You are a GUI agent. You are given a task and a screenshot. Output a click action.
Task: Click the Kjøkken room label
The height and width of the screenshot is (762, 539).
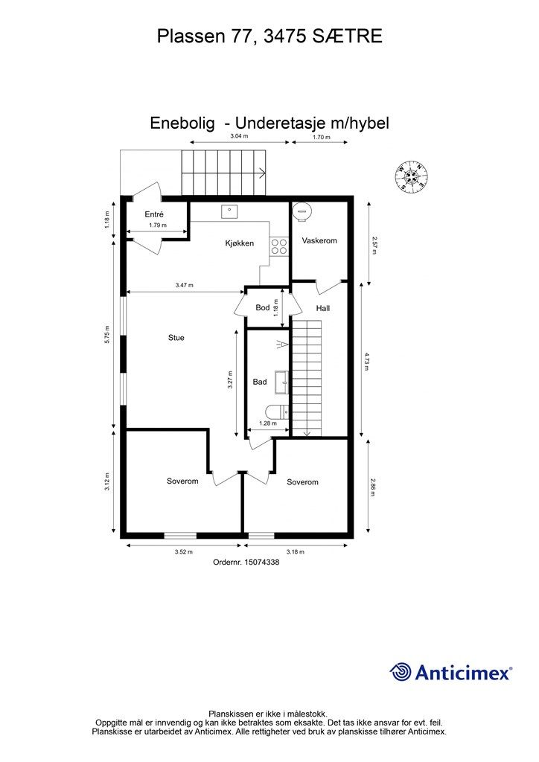(x=240, y=243)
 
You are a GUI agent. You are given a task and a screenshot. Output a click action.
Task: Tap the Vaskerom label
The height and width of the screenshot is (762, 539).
(x=319, y=240)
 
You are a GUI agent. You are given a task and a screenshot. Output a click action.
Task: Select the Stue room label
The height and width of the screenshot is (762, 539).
(x=176, y=338)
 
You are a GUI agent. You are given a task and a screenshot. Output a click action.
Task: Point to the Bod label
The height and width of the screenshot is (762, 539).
(x=262, y=307)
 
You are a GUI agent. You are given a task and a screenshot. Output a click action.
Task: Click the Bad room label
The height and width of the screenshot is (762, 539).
(x=260, y=382)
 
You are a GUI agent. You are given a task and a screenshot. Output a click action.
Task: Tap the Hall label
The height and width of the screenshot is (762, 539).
(x=322, y=308)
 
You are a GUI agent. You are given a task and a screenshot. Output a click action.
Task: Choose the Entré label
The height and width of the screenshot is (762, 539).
(x=154, y=214)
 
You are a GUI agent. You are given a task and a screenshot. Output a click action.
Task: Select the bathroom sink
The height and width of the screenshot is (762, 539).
(x=281, y=382)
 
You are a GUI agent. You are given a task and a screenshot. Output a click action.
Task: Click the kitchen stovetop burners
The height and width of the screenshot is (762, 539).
(x=279, y=246)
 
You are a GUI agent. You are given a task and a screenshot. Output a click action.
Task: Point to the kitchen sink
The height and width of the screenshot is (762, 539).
(x=230, y=211)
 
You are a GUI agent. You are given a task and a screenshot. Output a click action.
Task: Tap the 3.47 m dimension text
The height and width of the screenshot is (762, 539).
(x=184, y=285)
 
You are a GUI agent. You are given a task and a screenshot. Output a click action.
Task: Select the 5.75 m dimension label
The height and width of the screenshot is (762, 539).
(x=107, y=334)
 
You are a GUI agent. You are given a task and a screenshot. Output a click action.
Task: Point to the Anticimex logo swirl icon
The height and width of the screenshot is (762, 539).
(x=401, y=672)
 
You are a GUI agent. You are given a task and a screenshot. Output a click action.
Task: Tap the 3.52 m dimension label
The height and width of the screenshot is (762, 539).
(x=183, y=552)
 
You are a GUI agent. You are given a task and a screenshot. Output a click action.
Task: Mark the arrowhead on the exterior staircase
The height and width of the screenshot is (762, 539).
(x=263, y=173)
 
